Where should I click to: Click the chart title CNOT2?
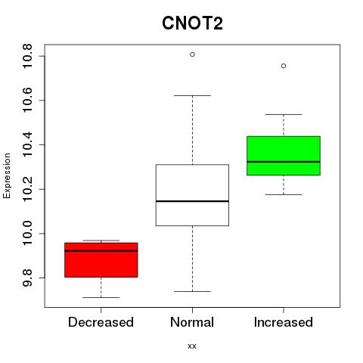(192, 23)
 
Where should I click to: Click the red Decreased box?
(101, 260)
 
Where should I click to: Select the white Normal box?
(192, 195)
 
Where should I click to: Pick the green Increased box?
(284, 156)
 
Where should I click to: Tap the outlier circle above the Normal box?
(192, 54)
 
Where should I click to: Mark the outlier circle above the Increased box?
(284, 66)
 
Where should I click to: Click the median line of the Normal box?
(192, 201)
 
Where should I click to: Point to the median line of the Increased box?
(284, 162)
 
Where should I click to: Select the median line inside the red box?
(101, 251)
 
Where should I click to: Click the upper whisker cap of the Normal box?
(192, 95)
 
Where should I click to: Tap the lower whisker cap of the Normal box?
(192, 291)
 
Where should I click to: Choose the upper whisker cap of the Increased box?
(284, 114)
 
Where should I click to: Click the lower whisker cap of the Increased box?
(284, 194)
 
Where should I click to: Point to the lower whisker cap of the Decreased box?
(101, 297)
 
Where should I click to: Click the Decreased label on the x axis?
(101, 322)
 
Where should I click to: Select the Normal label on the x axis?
(192, 322)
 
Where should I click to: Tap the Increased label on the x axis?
(284, 322)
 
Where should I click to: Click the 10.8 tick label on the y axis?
(27, 56)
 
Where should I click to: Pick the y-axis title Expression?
(7, 175)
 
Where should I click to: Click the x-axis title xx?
(192, 346)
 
